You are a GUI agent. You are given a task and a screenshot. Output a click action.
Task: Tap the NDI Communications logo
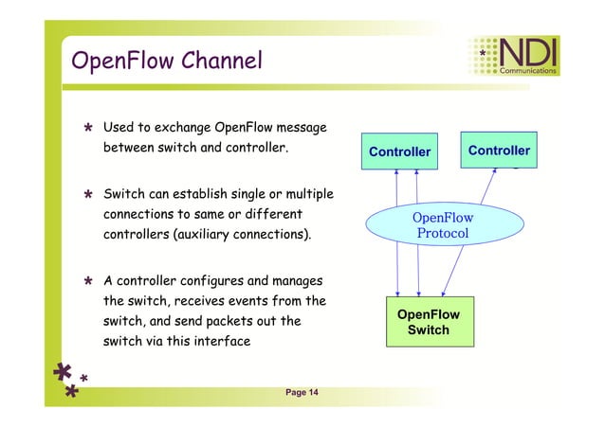(x=516, y=56)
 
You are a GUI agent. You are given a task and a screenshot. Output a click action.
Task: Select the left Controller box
(x=399, y=151)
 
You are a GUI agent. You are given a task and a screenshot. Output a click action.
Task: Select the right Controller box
(x=499, y=151)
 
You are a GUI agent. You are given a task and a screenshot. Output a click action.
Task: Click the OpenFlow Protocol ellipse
(x=443, y=224)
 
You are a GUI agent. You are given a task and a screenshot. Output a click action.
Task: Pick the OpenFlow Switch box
(x=429, y=322)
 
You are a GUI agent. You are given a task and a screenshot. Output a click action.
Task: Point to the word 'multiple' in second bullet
(x=302, y=193)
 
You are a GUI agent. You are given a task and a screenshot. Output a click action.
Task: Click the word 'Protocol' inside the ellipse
(x=443, y=233)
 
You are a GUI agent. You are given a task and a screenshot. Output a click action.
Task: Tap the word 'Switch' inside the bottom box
(x=429, y=330)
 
